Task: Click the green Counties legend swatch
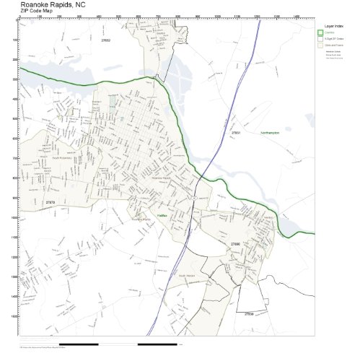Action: [321, 32]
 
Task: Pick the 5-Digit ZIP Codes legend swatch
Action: [321, 39]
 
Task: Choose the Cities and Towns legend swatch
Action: [321, 45]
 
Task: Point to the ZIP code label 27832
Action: [105, 40]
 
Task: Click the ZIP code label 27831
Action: [235, 134]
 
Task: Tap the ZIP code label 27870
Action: [49, 203]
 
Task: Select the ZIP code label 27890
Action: [235, 245]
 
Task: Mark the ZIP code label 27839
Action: [248, 314]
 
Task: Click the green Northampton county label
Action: [270, 134]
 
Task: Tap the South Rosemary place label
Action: [62, 156]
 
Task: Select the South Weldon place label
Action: [187, 276]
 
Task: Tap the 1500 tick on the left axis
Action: [15, 316]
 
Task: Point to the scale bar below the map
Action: [119, 344]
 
